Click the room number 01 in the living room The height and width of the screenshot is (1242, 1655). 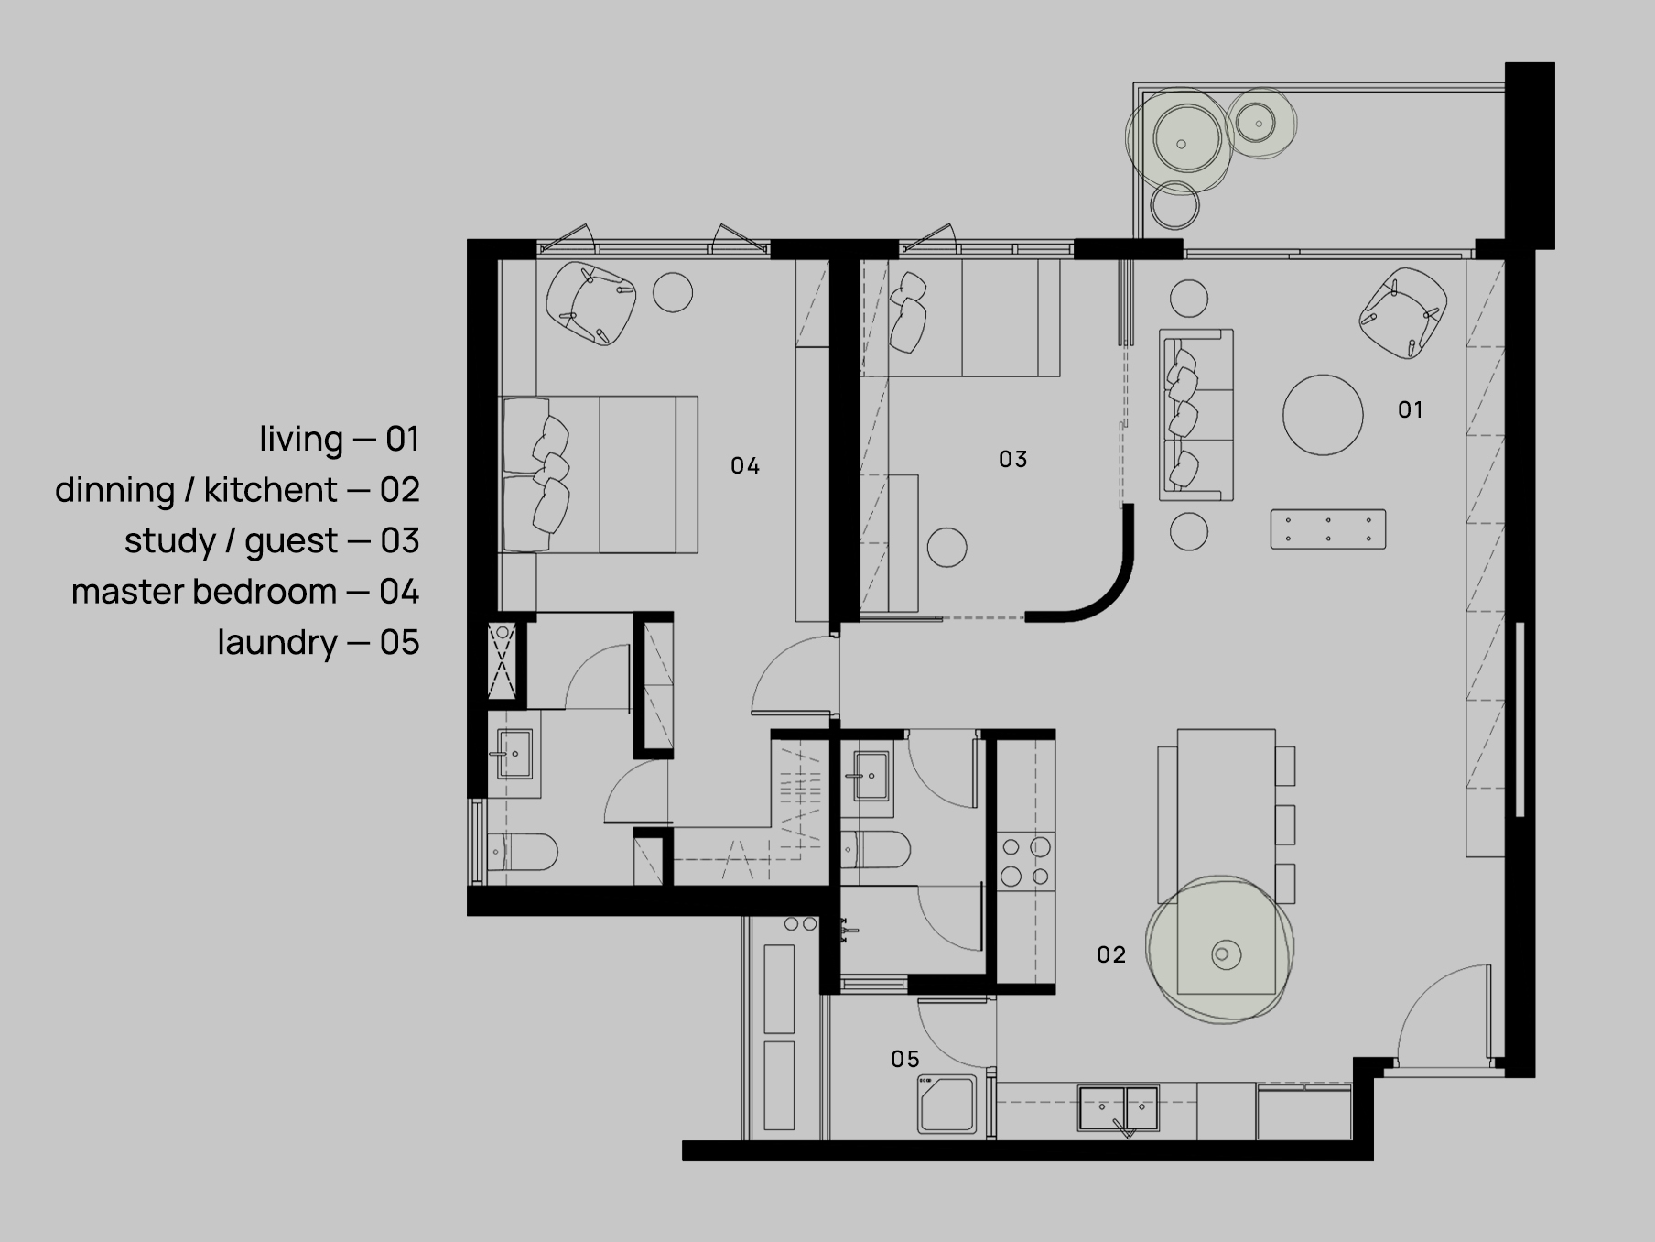(1410, 409)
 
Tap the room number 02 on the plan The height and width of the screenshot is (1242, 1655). (1110, 954)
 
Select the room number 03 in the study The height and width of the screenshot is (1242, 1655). (1012, 459)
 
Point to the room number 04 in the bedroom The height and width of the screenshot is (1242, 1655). (744, 466)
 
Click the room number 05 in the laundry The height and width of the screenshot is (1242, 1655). (904, 1059)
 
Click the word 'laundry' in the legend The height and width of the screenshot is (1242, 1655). (277, 642)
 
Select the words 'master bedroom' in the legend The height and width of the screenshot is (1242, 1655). (204, 592)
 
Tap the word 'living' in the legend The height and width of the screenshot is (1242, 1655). (301, 439)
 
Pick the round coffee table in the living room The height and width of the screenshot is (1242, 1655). (1323, 415)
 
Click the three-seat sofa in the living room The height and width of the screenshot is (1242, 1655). (1196, 415)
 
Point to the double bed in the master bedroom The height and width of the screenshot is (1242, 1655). (598, 474)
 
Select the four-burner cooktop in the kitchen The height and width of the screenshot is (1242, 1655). (1025, 861)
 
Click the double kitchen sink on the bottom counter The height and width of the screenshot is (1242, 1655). (1118, 1108)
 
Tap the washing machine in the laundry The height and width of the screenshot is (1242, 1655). (947, 1106)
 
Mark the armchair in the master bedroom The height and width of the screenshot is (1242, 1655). (590, 303)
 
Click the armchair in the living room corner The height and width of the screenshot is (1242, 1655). (1402, 312)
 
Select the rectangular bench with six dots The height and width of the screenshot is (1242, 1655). (1327, 529)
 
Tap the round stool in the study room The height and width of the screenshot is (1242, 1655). (946, 548)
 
